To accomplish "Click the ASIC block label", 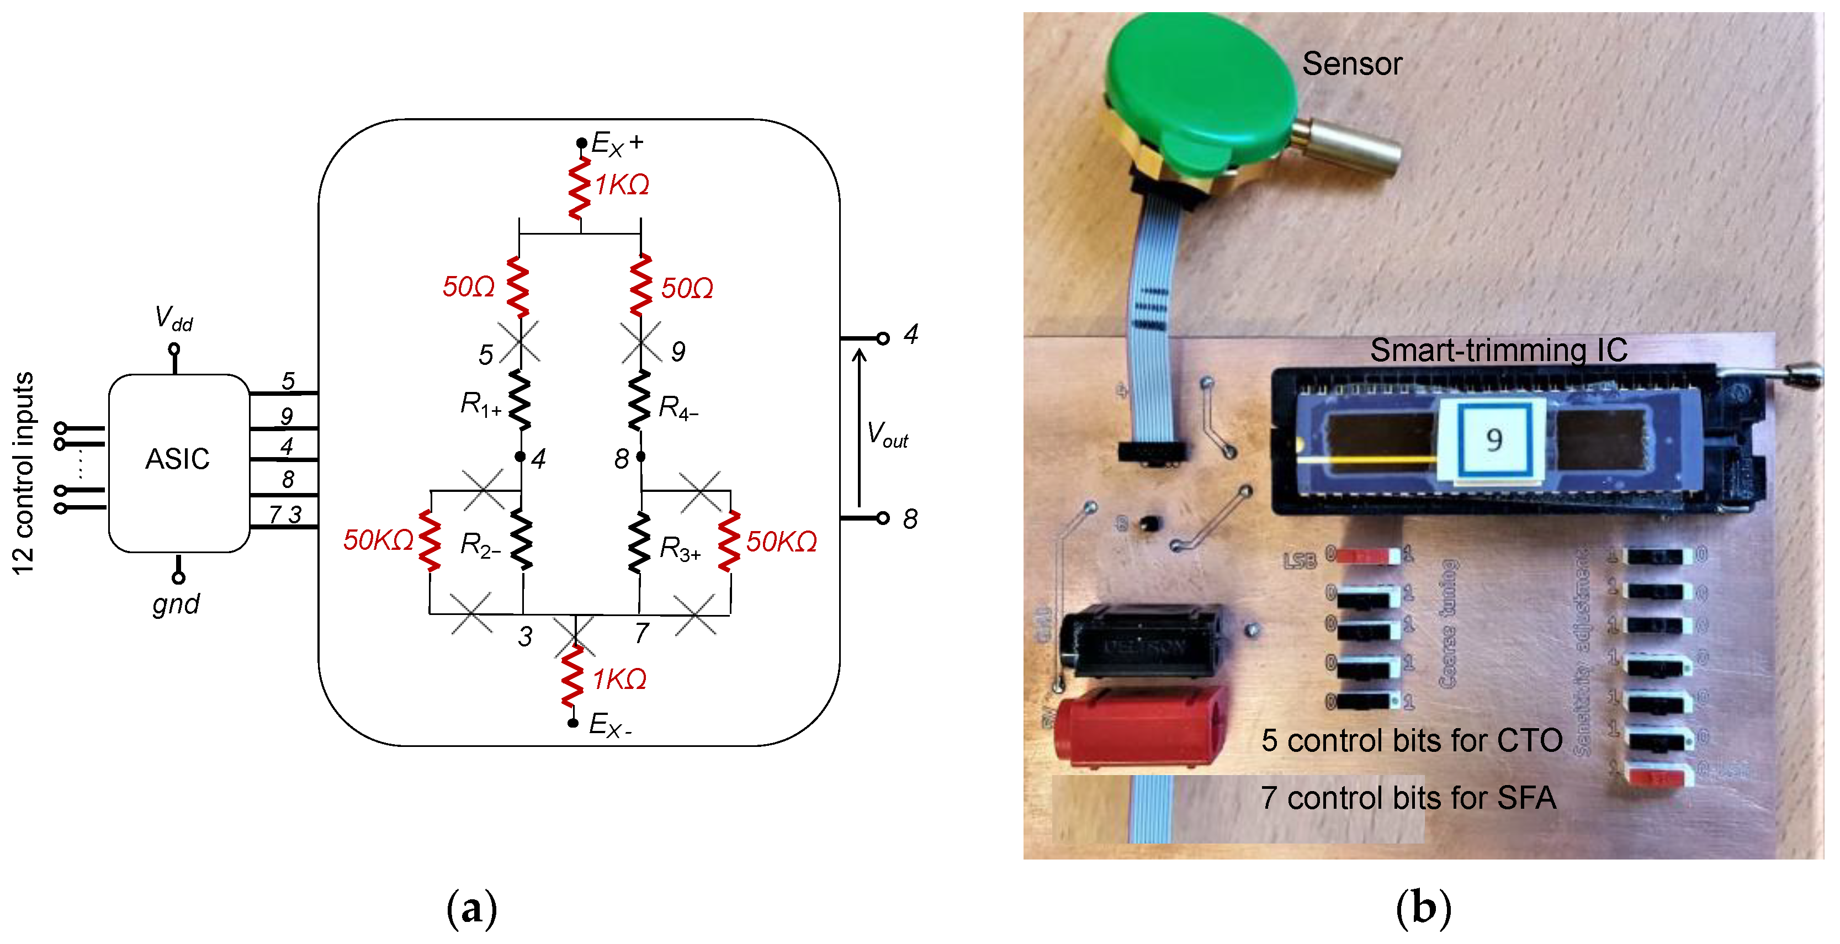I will tap(177, 459).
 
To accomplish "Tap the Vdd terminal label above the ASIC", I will tap(173, 319).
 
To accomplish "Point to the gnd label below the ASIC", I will tap(176, 604).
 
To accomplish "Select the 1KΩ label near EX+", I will tap(622, 185).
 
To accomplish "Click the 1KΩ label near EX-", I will tap(619, 680).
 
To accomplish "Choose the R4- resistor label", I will tap(678, 408).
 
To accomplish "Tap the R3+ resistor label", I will tap(679, 549).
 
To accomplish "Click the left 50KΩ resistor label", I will tap(378, 540).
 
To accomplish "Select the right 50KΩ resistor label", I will tap(781, 543).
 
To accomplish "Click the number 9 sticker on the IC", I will tap(1493, 440).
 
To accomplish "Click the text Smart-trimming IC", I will tap(1498, 351).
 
